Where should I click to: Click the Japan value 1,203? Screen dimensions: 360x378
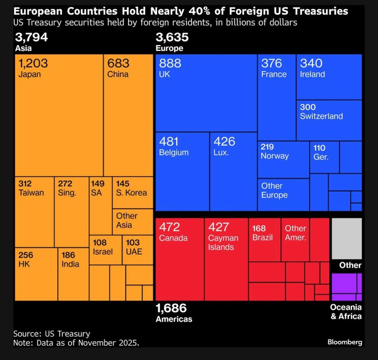tap(33, 64)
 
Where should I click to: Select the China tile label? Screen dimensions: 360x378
tap(118, 74)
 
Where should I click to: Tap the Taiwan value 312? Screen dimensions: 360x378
tap(25, 184)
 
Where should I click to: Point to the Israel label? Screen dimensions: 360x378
tap(103, 252)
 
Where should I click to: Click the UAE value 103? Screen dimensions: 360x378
tap(133, 243)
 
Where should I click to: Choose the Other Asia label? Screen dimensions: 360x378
tap(127, 220)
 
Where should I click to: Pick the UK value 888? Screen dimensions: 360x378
tap(170, 64)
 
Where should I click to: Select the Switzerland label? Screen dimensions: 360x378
tap(321, 116)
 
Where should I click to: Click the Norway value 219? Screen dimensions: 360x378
tap(267, 147)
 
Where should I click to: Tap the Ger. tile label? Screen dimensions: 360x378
tap(321, 157)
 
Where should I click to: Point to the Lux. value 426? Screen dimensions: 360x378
tap(224, 142)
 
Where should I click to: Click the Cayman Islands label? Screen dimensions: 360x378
tap(223, 243)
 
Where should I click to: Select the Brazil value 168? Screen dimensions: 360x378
tap(259, 229)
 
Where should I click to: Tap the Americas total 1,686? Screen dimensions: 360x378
tap(171, 308)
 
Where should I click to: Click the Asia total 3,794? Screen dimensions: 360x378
tap(31, 37)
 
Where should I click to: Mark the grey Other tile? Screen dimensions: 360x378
tap(347, 239)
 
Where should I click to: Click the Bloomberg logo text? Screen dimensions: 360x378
tap(345, 342)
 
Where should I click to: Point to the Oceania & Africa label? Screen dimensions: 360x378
tap(346, 312)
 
